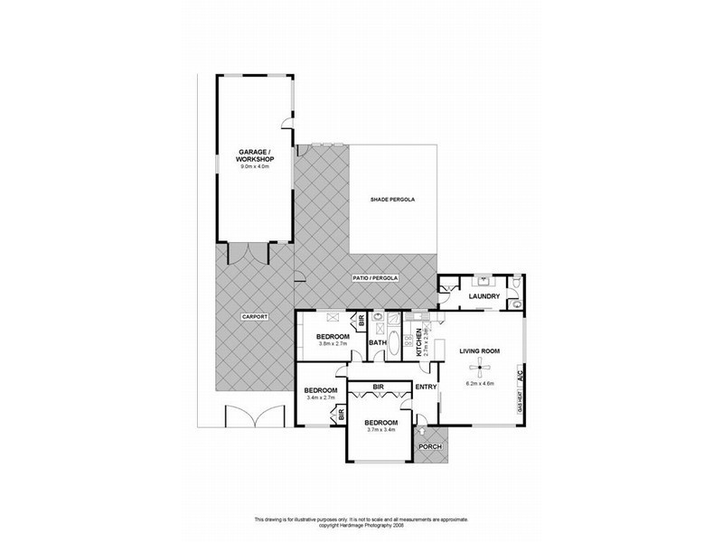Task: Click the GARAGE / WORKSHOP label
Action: point(257,155)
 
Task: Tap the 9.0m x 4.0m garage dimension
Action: point(257,167)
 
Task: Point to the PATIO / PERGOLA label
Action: point(375,279)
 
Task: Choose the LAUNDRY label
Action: point(484,295)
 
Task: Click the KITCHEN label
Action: point(419,343)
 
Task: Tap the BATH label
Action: point(378,342)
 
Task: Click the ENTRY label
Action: point(426,388)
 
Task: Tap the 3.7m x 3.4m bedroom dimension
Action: point(380,430)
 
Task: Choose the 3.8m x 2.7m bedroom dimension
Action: point(333,343)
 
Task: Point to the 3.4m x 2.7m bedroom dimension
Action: point(322,397)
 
